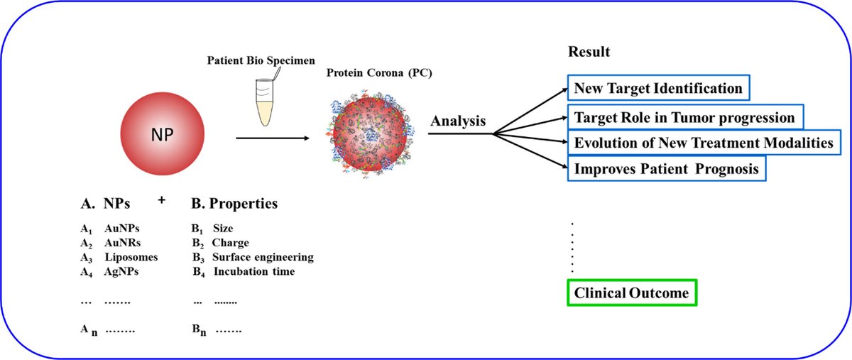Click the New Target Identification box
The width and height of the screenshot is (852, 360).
pos(658,89)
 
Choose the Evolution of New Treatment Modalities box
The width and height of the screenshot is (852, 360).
pos(703,143)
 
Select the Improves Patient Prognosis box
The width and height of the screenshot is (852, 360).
pos(667,169)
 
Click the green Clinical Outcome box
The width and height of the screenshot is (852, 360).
pos(632,293)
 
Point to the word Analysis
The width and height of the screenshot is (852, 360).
pos(457,121)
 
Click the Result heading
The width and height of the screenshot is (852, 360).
pos(589,53)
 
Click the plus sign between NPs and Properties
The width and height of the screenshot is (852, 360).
pos(162,201)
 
